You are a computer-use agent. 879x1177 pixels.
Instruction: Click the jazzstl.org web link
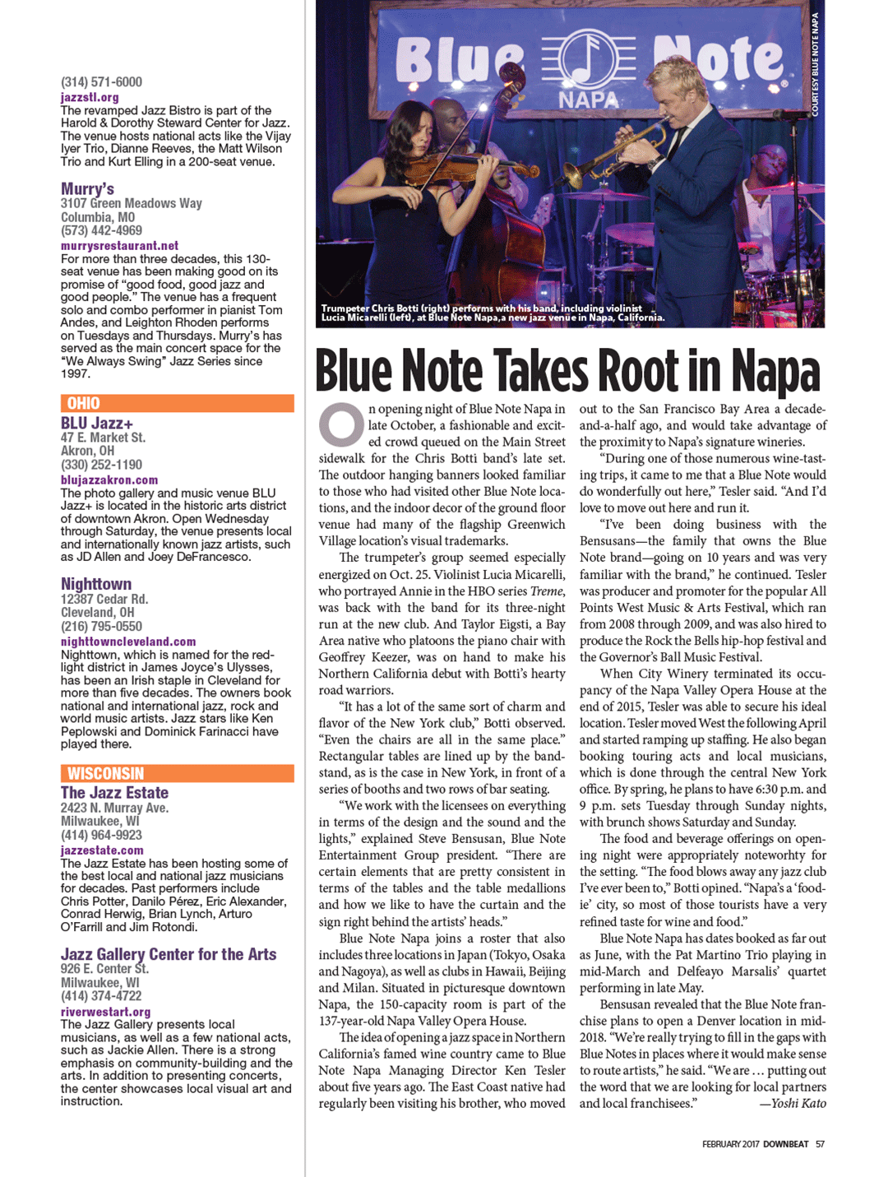coord(90,97)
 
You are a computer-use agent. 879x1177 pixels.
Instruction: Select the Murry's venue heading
coord(87,189)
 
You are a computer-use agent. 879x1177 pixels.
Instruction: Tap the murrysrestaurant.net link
coord(119,245)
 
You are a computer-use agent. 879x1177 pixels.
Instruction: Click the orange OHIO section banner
coord(177,403)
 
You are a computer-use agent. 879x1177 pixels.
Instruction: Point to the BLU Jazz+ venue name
coord(97,423)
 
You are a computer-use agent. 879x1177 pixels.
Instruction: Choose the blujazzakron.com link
coord(109,480)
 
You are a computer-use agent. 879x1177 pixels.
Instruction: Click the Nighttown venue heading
coord(96,584)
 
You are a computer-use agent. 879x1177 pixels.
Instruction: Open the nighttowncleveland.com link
coord(128,642)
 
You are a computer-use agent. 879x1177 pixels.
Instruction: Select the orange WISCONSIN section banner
coord(177,773)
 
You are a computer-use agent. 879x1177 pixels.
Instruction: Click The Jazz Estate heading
coord(114,793)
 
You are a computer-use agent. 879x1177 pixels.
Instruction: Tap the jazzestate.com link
coord(102,850)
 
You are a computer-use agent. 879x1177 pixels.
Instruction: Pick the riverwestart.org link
coord(105,1012)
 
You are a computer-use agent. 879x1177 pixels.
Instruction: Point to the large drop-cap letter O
coord(341,424)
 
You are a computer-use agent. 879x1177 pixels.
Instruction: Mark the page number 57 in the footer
coord(820,1143)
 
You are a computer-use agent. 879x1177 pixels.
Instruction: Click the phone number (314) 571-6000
coord(101,82)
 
